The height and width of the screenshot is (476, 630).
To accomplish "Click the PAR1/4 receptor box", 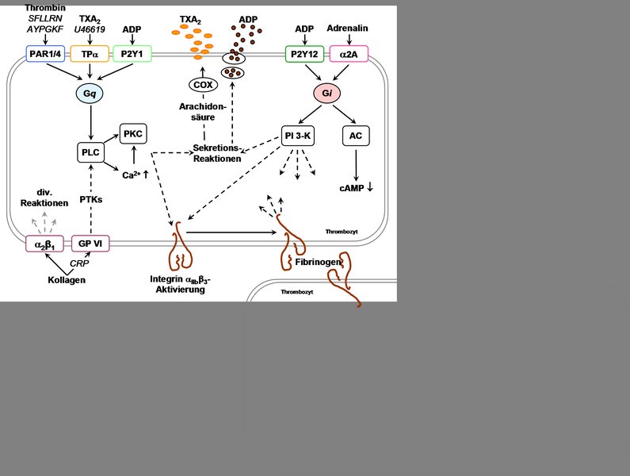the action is click(x=45, y=54).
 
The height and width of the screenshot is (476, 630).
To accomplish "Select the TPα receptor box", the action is click(x=90, y=54).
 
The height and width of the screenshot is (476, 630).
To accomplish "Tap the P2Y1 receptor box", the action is click(x=132, y=54).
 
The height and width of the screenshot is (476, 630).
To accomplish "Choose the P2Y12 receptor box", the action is click(x=304, y=54).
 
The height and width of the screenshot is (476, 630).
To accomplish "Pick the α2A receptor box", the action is click(x=349, y=54).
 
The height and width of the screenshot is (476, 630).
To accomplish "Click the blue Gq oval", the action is click(x=90, y=94).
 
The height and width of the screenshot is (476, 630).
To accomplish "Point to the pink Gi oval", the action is click(x=327, y=94).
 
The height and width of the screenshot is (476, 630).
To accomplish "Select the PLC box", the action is click(x=90, y=152).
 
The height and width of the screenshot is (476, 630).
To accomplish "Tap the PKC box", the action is click(x=133, y=133).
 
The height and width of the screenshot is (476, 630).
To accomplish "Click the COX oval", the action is click(x=203, y=85).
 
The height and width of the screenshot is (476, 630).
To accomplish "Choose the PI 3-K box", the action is click(x=298, y=136).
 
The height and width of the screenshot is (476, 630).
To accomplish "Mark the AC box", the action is click(x=356, y=136).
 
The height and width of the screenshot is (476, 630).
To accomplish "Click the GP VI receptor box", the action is click(x=90, y=244).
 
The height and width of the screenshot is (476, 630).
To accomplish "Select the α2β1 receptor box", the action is click(x=44, y=244).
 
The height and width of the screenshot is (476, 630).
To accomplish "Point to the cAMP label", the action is click(x=352, y=188).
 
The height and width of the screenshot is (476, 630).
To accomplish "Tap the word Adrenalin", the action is click(x=348, y=29).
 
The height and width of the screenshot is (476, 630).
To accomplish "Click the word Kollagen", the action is click(x=67, y=280).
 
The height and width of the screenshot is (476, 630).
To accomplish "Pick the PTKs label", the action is click(x=91, y=200).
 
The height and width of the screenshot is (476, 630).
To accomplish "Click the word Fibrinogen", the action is click(x=319, y=263).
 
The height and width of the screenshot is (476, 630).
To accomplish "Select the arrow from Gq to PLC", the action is click(x=91, y=122).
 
